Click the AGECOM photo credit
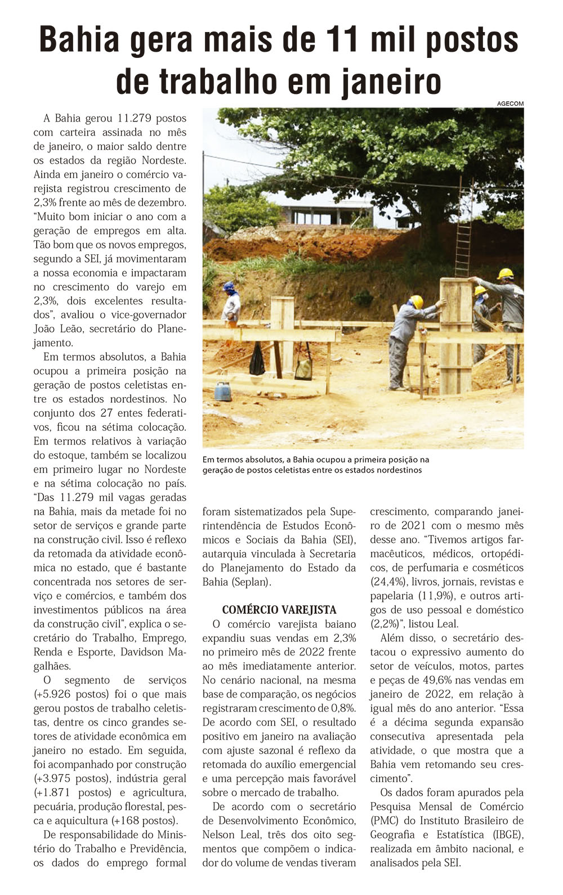510,104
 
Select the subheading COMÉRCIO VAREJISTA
279,610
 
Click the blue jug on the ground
223,390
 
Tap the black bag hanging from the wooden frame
257,361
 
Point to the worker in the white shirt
230,304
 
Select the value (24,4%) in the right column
390,582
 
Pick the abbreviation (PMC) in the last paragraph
384,821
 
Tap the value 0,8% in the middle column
342,708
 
